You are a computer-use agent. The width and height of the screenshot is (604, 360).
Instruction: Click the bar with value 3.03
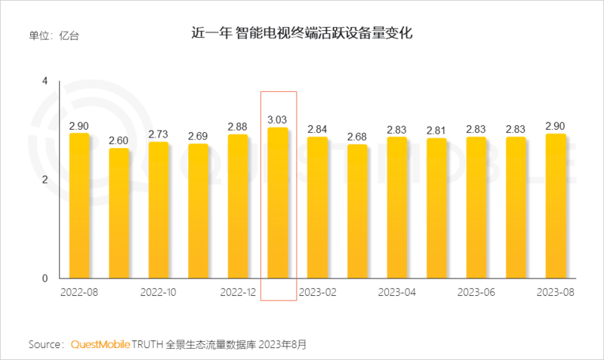click(278, 203)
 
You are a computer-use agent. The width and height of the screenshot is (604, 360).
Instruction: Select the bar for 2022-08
click(79, 206)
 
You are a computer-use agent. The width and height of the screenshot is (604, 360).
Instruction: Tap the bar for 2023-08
click(555, 206)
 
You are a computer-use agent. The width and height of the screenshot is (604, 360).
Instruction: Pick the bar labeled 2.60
click(119, 214)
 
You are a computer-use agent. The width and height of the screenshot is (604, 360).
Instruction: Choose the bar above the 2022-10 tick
click(159, 210)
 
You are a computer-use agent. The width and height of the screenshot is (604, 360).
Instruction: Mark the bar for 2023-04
click(396, 208)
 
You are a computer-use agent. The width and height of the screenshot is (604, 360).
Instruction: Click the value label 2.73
click(159, 134)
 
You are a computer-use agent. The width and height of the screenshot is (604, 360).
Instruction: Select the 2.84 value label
click(317, 128)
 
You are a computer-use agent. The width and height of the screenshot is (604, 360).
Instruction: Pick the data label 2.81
click(436, 130)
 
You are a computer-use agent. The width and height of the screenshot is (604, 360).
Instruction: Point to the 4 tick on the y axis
click(45, 81)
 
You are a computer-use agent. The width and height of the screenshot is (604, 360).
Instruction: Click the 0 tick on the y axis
click(45, 278)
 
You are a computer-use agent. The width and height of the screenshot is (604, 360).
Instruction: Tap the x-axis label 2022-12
click(238, 291)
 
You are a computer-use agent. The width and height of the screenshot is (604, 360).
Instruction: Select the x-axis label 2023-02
click(317, 291)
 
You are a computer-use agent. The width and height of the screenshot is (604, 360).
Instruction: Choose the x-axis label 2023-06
click(476, 291)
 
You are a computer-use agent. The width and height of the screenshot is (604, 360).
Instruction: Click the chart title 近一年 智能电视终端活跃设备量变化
click(302, 35)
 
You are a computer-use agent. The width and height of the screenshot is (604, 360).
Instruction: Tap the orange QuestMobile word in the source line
click(100, 344)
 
